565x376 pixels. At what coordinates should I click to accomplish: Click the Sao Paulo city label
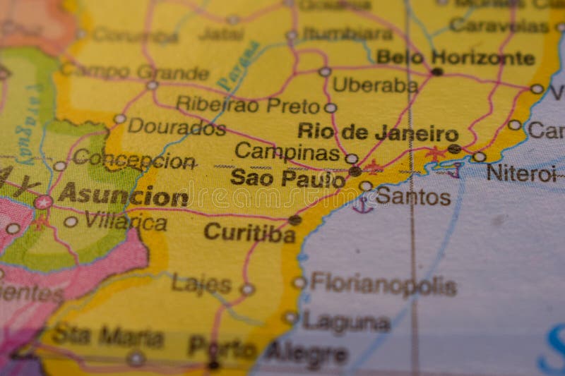287,178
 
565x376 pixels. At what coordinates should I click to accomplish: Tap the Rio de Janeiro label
377,133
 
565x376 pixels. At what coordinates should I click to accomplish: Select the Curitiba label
249,232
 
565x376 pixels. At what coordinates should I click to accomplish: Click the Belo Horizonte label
455,57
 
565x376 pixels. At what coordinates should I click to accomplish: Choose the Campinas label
287,151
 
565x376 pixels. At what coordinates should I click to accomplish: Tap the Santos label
413,197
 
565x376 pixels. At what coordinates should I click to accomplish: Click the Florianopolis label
383,284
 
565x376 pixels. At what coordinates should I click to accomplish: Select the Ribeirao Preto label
248,105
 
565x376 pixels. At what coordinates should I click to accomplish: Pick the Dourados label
177,127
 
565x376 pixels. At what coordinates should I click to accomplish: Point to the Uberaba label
375,85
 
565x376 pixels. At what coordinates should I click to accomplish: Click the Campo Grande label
134,71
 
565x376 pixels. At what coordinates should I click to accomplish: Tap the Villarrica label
125,222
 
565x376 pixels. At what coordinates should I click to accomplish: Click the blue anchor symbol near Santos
362,205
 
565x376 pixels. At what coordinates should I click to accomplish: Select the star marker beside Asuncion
42,202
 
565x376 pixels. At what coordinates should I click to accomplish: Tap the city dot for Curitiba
295,220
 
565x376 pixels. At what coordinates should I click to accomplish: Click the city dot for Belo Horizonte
437,71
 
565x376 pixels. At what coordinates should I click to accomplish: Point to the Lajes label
201,284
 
